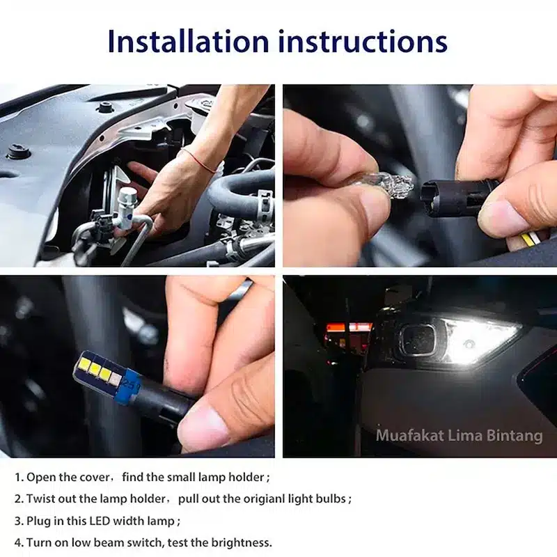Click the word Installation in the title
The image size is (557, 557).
pos(188,41)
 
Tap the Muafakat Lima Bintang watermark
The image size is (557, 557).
pos(460,436)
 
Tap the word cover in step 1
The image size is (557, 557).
pos(95,477)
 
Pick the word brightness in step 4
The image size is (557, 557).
pos(241,542)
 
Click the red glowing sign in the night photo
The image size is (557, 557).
pos(350,327)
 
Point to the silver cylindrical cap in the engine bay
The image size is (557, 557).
pos(126,206)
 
